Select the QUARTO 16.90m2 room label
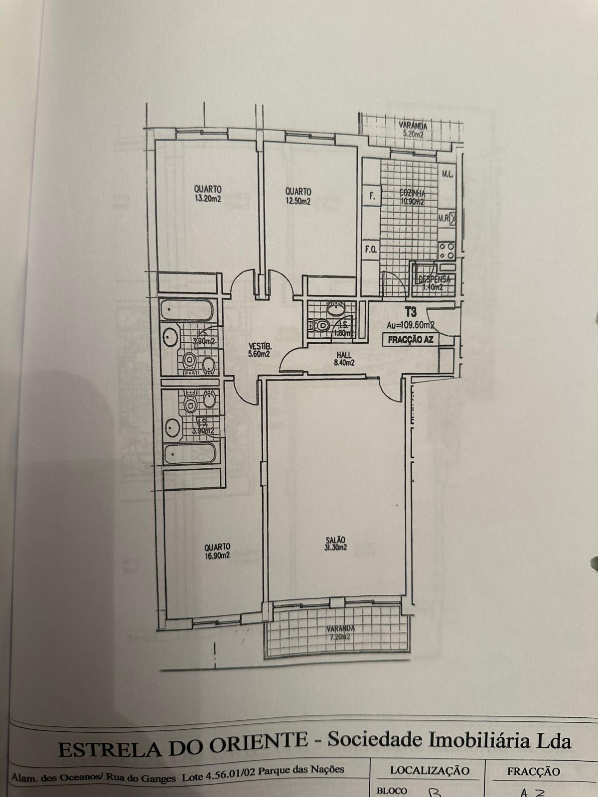pos(217,550)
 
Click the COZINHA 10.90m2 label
pos(412,197)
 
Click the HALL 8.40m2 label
pos(344,359)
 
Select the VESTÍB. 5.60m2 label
pos(260,350)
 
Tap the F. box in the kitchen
pos(371,196)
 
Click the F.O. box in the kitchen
pos(370,250)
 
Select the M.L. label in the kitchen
pos(446,174)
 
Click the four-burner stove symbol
pos(446,251)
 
